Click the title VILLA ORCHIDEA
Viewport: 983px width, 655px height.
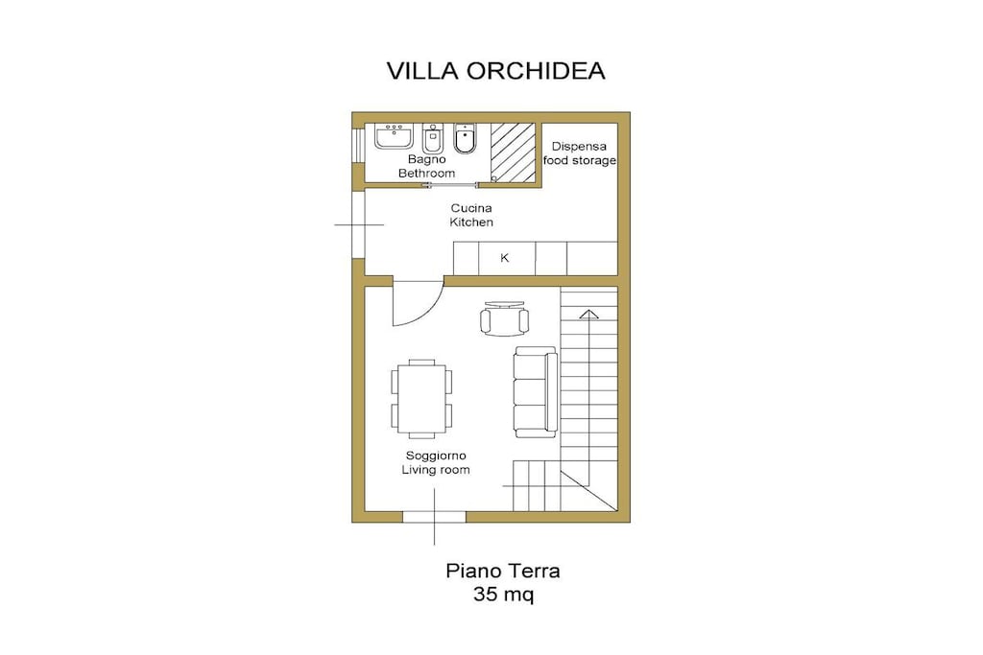click(495, 71)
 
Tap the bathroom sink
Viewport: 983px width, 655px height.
click(394, 136)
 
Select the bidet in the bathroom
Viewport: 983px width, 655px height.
click(433, 138)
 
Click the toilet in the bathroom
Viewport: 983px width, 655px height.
click(465, 138)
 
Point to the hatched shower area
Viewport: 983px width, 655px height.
click(513, 152)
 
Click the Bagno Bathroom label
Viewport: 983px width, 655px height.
click(427, 167)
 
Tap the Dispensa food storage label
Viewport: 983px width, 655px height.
click(579, 153)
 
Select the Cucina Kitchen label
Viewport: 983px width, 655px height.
click(471, 215)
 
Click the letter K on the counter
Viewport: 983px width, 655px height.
click(505, 258)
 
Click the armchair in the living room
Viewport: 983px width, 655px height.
click(505, 318)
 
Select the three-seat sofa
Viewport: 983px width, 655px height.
click(536, 392)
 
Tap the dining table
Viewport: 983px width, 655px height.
click(421, 398)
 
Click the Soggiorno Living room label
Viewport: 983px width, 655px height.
click(436, 463)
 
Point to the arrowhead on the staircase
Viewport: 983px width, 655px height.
click(588, 314)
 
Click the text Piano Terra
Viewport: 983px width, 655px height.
click(503, 572)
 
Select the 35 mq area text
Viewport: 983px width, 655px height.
click(503, 594)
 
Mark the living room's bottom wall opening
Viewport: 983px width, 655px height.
click(435, 517)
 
